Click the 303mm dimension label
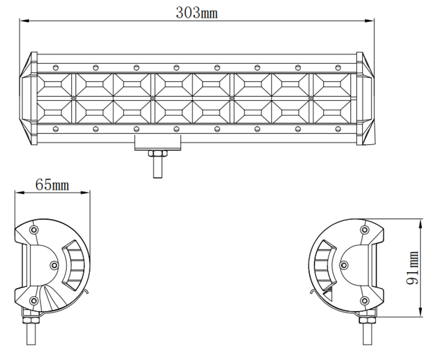pyautogui.click(x=197, y=12)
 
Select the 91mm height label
pyautogui.click(x=413, y=268)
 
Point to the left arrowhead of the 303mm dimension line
pyautogui.click(x=23, y=21)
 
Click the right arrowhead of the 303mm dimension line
pyautogui.click(x=372, y=21)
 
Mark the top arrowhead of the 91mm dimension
pyautogui.click(x=421, y=222)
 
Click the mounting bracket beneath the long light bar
pyautogui.click(x=158, y=143)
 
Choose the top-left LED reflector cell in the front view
pyautogui.click(x=56, y=86)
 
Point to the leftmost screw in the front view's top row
pyautogui.click(x=55, y=68)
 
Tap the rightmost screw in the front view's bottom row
pyautogui.click(x=338, y=129)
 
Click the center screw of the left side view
pyautogui.click(x=53, y=265)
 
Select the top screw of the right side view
pyautogui.click(x=364, y=229)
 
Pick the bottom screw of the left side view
pyautogui.click(x=34, y=301)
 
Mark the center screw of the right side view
pyautogui.click(x=344, y=265)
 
